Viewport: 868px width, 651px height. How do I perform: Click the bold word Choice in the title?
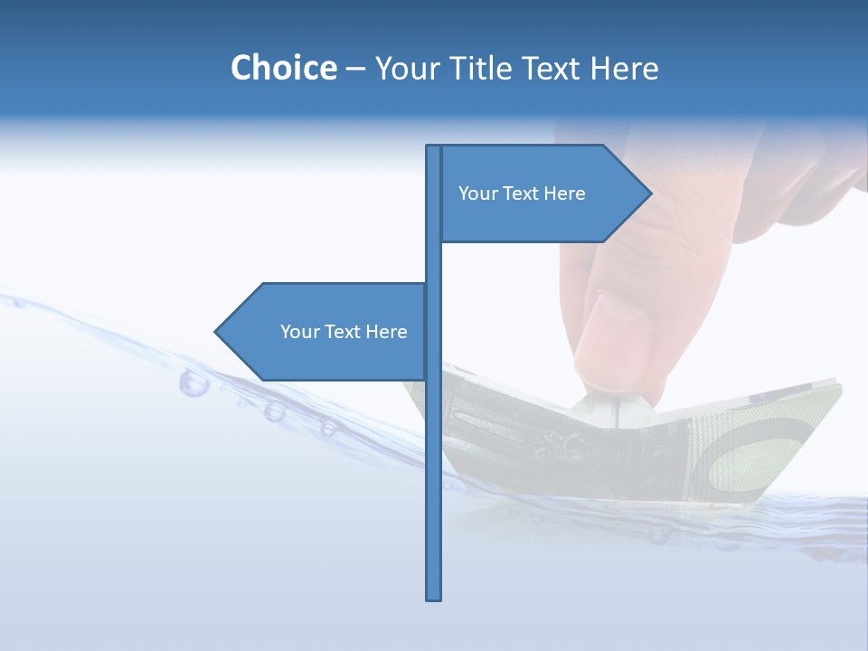[283, 68]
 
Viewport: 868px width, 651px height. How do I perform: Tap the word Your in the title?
[404, 68]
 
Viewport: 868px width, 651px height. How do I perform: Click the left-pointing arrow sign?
[325, 332]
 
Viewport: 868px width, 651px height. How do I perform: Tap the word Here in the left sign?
[386, 332]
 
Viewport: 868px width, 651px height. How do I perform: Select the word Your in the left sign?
[298, 332]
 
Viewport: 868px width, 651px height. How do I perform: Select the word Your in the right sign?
[476, 193]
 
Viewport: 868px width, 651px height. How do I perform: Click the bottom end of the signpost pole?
[434, 597]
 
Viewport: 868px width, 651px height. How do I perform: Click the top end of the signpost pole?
[434, 148]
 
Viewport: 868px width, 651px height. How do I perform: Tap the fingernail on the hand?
[615, 339]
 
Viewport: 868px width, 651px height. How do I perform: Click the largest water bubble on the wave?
[193, 382]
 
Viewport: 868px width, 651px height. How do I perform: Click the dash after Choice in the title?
[355, 68]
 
